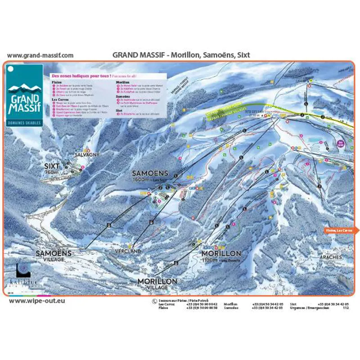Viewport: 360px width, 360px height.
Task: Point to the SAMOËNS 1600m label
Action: click(150, 176)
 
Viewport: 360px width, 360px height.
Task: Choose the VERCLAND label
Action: click(128, 251)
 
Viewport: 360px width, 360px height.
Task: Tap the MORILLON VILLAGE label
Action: click(157, 283)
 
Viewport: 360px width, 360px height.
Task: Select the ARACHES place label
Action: click(330, 257)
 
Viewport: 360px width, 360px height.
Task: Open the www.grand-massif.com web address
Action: click(40, 55)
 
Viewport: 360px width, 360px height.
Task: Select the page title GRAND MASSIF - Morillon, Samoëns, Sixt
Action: click(181, 55)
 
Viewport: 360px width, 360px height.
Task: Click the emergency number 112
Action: click(346, 308)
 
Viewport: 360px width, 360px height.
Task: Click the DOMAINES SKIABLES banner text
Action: click(25, 122)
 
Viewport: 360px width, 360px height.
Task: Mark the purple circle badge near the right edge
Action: click(341, 144)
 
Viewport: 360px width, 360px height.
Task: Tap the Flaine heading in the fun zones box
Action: click(57, 83)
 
